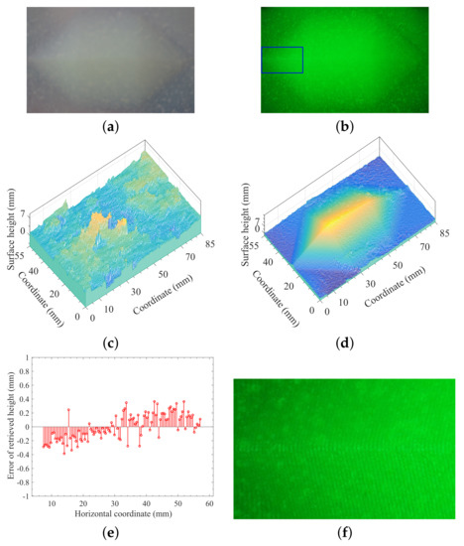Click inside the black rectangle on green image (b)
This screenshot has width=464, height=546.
coord(283,60)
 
